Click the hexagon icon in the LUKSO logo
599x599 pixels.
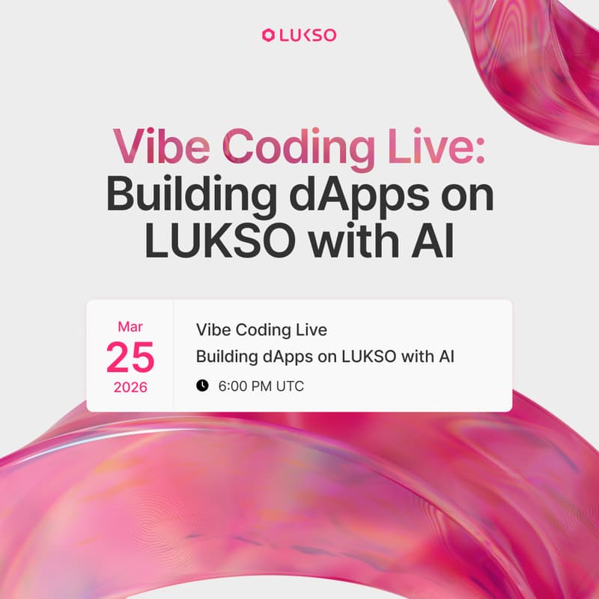pyautogui.click(x=269, y=34)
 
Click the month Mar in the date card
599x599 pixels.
pyautogui.click(x=130, y=327)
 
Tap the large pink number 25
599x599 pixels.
pyautogui.click(x=130, y=357)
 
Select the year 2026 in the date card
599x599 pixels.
pyautogui.click(x=130, y=388)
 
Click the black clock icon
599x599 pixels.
pyautogui.click(x=202, y=386)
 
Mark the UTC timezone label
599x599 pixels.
pyautogui.click(x=289, y=386)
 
